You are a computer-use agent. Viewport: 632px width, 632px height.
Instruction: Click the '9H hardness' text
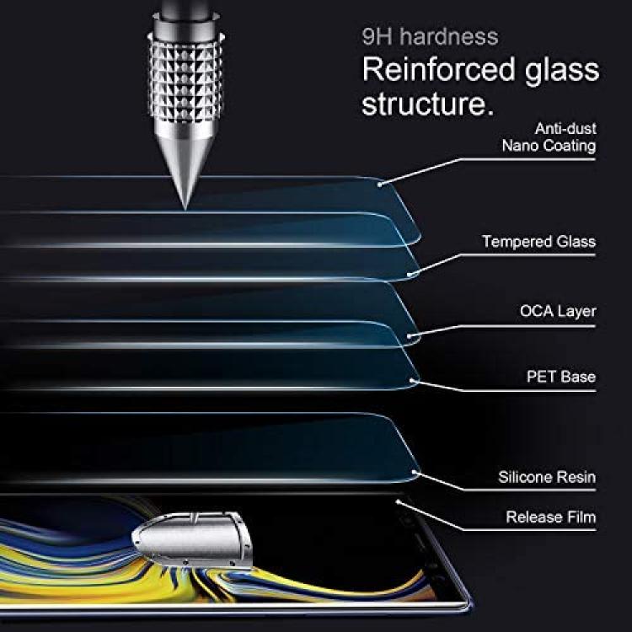click(x=430, y=36)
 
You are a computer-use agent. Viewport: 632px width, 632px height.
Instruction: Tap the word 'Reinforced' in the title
click(x=439, y=69)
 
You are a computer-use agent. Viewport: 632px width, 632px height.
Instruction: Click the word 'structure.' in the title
click(x=427, y=104)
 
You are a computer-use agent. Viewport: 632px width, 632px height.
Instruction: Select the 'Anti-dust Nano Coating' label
click(x=549, y=137)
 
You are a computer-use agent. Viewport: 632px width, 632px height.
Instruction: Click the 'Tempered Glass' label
click(x=539, y=242)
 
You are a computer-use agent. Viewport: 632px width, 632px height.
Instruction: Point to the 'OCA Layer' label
click(x=558, y=311)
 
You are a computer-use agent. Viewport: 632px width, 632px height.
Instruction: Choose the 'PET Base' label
click(x=561, y=377)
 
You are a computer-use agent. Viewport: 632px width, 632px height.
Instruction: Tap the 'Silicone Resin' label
click(x=547, y=477)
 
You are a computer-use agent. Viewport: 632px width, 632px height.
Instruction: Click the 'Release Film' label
click(x=551, y=517)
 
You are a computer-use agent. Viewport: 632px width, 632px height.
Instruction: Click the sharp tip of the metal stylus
click(x=185, y=209)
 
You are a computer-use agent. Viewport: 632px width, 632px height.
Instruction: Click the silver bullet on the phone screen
click(x=192, y=538)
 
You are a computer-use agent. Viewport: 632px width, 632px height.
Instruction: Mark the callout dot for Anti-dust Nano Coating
click(x=379, y=185)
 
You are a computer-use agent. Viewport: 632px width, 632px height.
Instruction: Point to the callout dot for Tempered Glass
click(x=410, y=275)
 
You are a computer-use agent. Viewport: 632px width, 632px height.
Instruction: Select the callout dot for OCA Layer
click(x=410, y=335)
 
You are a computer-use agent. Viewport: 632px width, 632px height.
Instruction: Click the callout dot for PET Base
click(x=411, y=380)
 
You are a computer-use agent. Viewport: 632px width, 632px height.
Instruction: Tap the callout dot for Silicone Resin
click(x=414, y=472)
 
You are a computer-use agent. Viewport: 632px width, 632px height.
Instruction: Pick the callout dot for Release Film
click(x=398, y=502)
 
